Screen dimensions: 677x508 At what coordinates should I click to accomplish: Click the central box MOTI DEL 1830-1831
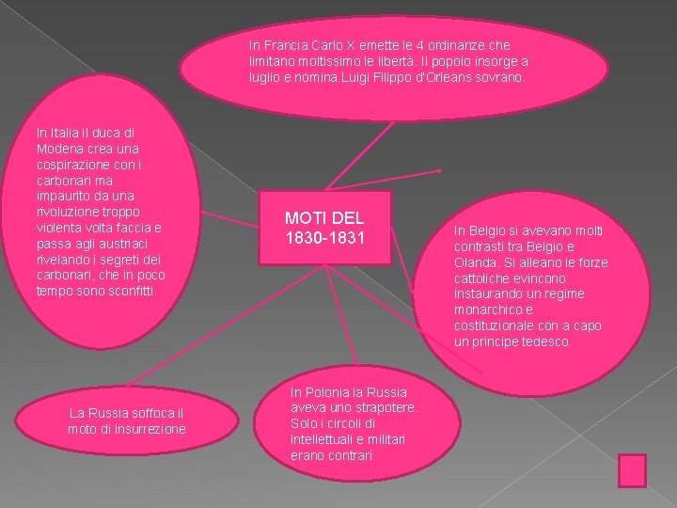(324, 229)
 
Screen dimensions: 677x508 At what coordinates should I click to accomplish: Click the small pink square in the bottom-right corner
(632, 470)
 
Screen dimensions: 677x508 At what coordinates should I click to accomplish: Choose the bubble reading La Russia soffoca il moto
(127, 421)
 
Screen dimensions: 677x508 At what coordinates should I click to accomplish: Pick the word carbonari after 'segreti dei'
(66, 275)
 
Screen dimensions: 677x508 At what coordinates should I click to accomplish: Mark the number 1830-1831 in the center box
(324, 239)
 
